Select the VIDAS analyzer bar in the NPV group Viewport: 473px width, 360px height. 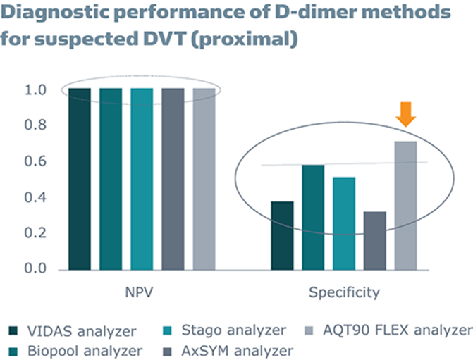(80, 179)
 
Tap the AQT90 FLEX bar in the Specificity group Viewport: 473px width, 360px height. (405, 206)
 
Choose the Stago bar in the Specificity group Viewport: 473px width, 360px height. (343, 223)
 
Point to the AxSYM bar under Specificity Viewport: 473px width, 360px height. (374, 240)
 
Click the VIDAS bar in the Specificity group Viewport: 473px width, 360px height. (282, 235)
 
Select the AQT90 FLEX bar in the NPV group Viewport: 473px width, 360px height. (203, 179)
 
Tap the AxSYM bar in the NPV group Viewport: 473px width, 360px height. (173, 179)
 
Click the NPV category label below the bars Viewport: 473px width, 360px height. (142, 292)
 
